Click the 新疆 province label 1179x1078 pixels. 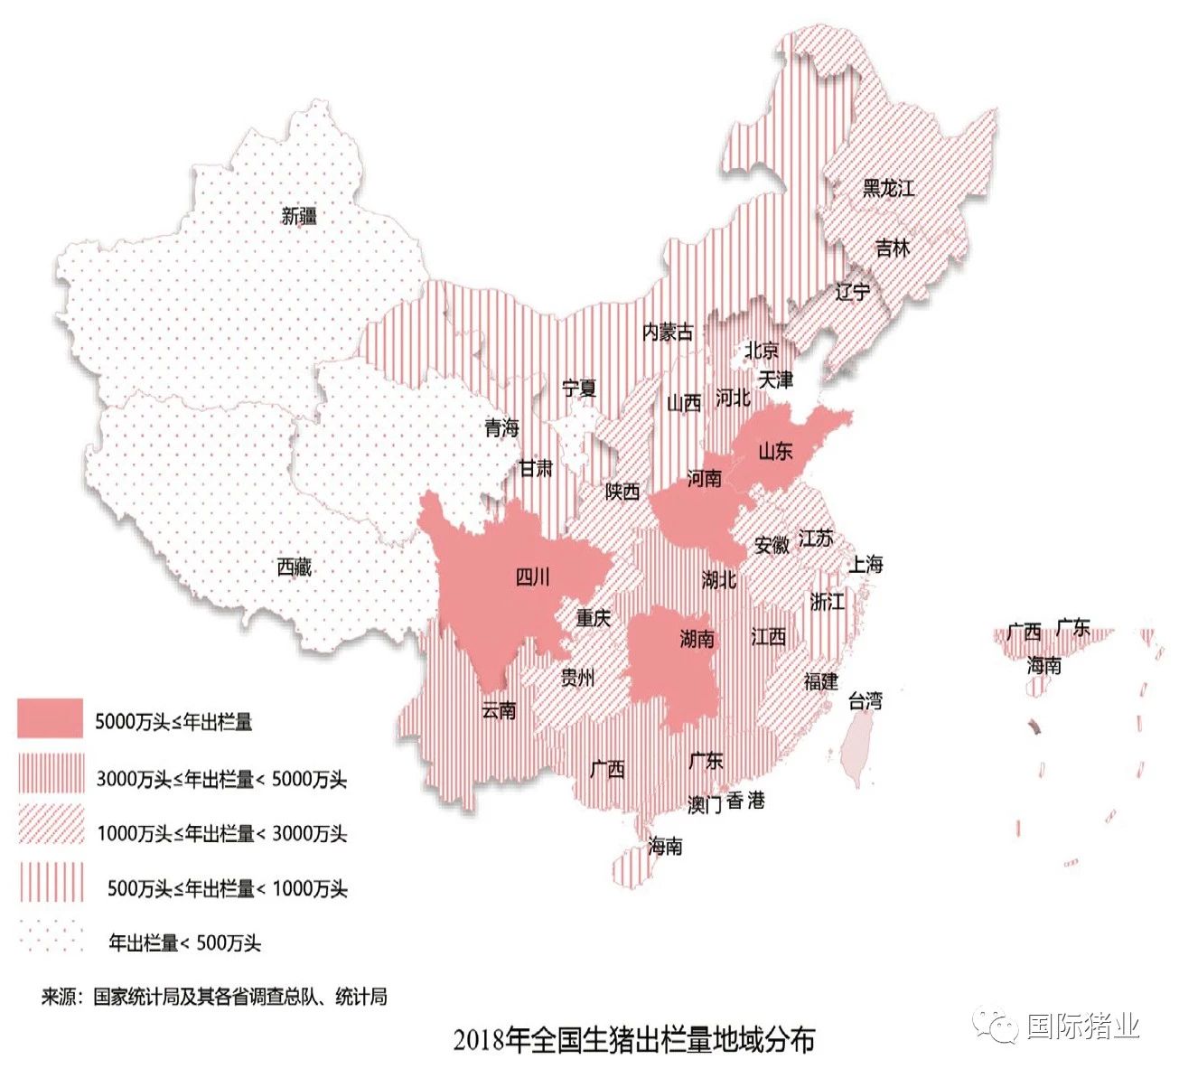[299, 216]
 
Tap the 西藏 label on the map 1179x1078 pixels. [295, 567]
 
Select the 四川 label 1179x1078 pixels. [532, 576]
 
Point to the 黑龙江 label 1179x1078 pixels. [888, 188]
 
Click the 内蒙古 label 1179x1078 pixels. [668, 332]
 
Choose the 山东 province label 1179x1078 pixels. [775, 450]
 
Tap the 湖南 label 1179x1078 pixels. [697, 639]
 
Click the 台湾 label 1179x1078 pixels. [865, 700]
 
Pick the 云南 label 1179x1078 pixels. [499, 710]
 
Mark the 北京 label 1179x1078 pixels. [761, 350]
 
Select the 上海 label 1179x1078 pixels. [865, 565]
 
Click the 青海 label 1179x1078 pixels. [501, 427]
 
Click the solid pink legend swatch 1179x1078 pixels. [51, 719]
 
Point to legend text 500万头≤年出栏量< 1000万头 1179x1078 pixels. [227, 888]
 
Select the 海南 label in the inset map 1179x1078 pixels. [1043, 666]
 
